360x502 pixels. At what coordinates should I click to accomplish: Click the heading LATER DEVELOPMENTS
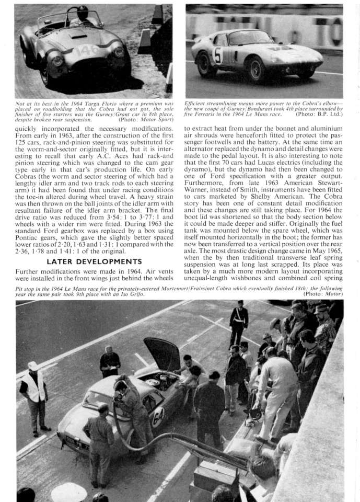pos(94,261)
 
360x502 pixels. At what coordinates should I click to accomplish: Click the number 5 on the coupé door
pos(217,54)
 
